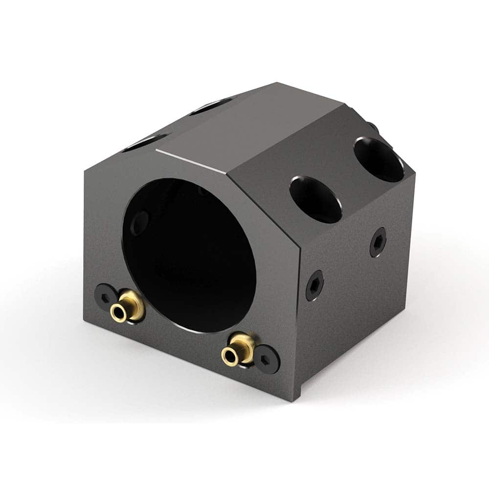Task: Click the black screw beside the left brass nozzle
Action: pos(106,295)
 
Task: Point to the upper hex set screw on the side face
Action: pos(378,242)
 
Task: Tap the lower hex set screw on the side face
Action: pos(314,285)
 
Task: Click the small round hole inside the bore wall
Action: pos(140,223)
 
